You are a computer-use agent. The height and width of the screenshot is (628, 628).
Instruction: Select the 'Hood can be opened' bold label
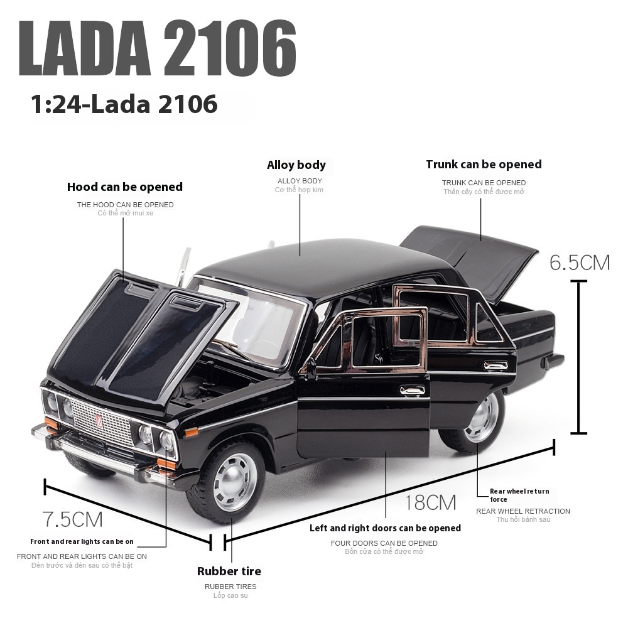tap(125, 187)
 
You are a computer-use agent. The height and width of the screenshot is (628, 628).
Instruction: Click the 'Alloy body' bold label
tap(296, 165)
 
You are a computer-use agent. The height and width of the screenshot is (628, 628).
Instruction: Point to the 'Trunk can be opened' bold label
tap(484, 164)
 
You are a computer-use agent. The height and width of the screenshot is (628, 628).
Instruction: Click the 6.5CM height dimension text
tap(580, 263)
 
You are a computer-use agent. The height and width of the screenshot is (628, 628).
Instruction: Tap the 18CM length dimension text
tap(430, 502)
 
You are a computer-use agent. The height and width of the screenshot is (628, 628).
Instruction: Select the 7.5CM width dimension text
tap(72, 519)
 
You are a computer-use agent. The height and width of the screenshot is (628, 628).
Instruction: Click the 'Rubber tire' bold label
tap(229, 571)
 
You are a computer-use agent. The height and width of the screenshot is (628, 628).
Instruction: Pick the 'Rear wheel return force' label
tap(519, 495)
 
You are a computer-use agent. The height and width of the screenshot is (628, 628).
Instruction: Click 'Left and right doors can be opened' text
tap(385, 528)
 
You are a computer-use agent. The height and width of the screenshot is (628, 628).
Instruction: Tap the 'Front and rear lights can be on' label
tap(82, 541)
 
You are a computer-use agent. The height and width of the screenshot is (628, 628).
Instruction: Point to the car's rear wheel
tap(482, 417)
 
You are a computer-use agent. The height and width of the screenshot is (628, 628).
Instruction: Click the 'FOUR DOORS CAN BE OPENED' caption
tap(384, 543)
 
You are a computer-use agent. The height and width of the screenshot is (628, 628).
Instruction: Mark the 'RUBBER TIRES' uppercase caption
tap(230, 587)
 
